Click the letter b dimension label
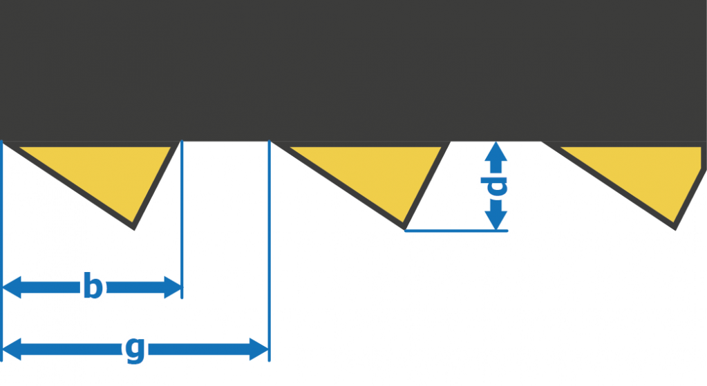coord(92,287)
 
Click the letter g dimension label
coord(135,349)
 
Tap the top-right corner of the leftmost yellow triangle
coord(170,148)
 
